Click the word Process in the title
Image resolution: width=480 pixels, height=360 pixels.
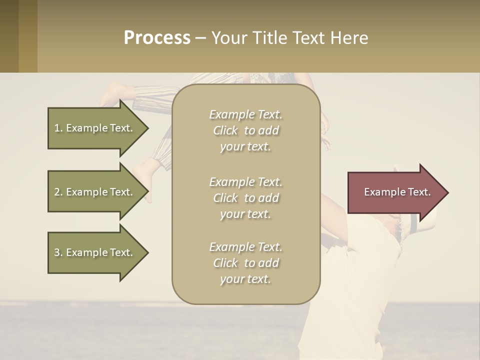click(157, 38)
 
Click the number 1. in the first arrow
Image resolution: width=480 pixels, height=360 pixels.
click(58, 128)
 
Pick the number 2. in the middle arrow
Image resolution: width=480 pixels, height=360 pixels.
click(58, 192)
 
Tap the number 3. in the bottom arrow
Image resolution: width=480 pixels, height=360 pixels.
click(58, 252)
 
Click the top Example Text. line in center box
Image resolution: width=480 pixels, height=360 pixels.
click(245, 114)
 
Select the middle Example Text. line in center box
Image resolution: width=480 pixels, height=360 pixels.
click(245, 182)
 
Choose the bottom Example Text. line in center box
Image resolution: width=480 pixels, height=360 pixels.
click(245, 247)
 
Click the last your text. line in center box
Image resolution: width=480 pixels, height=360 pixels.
click(245, 279)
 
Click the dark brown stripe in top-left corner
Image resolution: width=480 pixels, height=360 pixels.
click(9, 36)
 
